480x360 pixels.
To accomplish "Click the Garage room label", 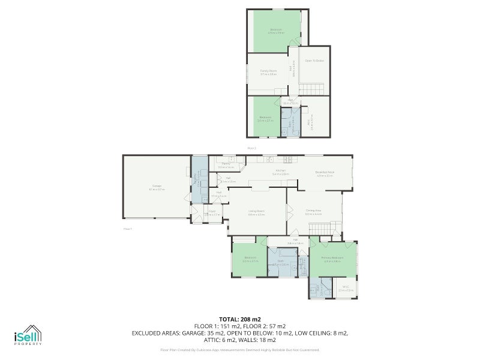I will (x=157, y=188).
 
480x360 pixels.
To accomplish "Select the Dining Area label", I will (x=313, y=211).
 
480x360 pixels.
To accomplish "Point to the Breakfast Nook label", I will (x=325, y=173).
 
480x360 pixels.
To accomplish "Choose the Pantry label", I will (x=226, y=164).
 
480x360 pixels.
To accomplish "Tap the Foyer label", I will (x=212, y=212).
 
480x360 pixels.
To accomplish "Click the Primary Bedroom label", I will (x=332, y=259).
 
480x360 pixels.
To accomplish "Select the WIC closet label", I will (x=344, y=289).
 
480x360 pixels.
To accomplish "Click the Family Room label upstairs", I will (x=268, y=72).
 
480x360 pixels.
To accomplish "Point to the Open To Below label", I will (x=314, y=61).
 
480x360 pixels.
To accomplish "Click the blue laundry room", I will (x=199, y=179).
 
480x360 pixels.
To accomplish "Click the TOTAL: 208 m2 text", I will (x=240, y=319).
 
